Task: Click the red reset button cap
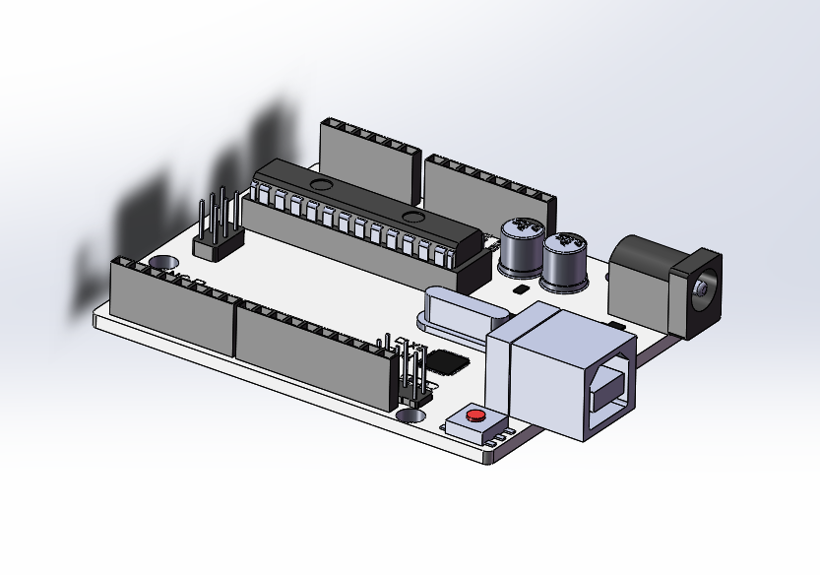tap(476, 415)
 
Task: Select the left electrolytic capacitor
tap(521, 248)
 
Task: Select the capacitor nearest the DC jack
tap(565, 261)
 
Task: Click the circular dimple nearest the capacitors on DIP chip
tap(413, 216)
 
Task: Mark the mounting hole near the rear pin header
tap(161, 263)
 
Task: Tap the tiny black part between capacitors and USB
tap(521, 290)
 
